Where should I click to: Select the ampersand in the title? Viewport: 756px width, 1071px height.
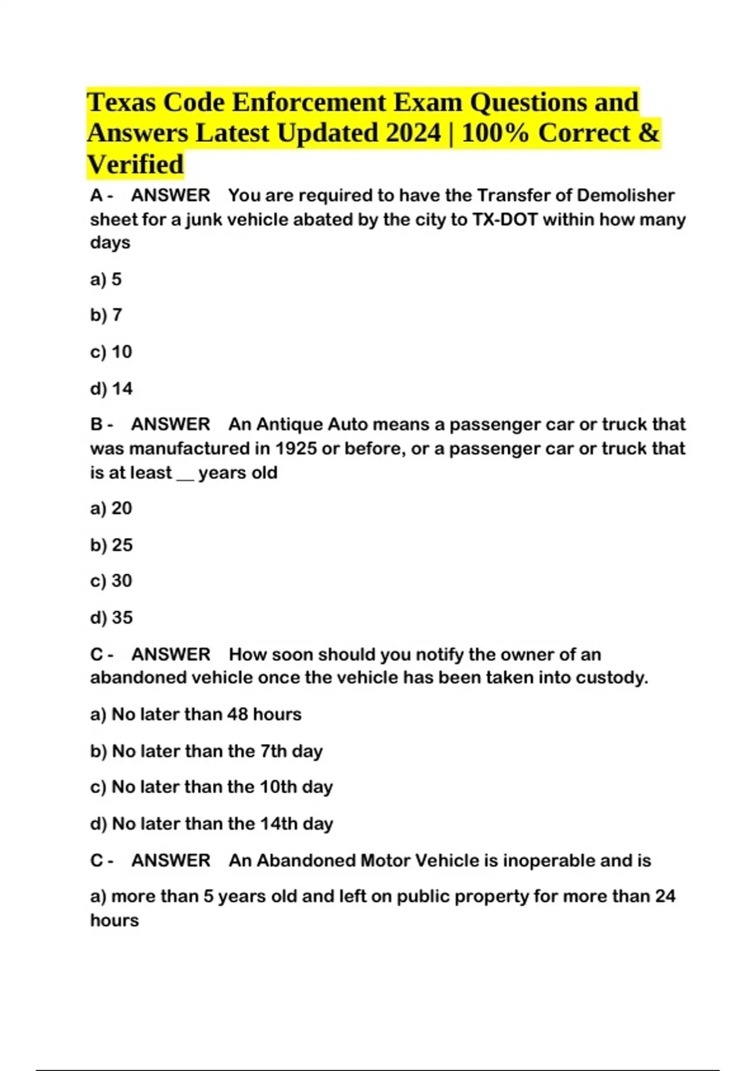[649, 133]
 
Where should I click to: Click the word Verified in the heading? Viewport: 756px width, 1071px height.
[135, 164]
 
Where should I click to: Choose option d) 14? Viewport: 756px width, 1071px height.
[112, 389]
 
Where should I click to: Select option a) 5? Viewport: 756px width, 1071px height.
[106, 279]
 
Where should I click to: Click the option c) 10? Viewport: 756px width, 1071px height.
[112, 352]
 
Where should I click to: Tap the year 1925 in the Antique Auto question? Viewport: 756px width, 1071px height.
[295, 449]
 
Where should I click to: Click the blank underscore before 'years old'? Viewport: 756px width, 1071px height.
[185, 474]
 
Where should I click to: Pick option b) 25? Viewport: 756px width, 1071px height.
[112, 545]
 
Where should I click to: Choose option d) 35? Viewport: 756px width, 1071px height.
[112, 617]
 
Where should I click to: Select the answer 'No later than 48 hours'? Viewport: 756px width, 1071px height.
[196, 714]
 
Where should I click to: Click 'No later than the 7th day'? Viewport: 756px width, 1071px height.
[207, 751]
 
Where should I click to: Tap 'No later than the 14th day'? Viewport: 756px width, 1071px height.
[212, 823]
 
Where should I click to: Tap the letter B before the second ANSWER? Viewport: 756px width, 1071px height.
[96, 425]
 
